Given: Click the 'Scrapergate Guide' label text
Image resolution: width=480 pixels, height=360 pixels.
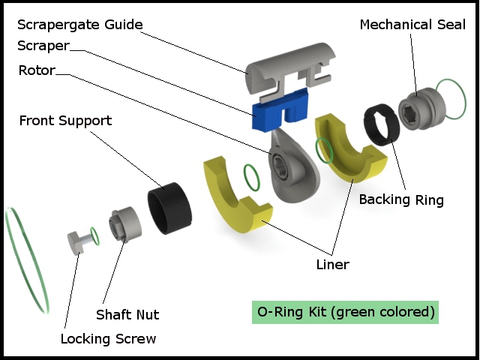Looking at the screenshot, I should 79,25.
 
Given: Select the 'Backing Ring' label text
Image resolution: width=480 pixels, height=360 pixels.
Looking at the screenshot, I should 401,199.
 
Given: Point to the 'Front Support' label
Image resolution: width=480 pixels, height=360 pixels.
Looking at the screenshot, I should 65,120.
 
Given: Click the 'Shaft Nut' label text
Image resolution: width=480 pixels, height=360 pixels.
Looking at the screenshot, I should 127,314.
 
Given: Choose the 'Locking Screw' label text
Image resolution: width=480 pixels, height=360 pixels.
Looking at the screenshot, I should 108,338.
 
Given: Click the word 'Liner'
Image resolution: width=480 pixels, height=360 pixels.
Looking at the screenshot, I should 332,264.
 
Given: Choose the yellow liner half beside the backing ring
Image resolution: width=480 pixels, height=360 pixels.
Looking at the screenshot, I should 349,151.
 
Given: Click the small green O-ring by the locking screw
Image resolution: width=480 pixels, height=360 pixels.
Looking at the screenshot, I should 94,234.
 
